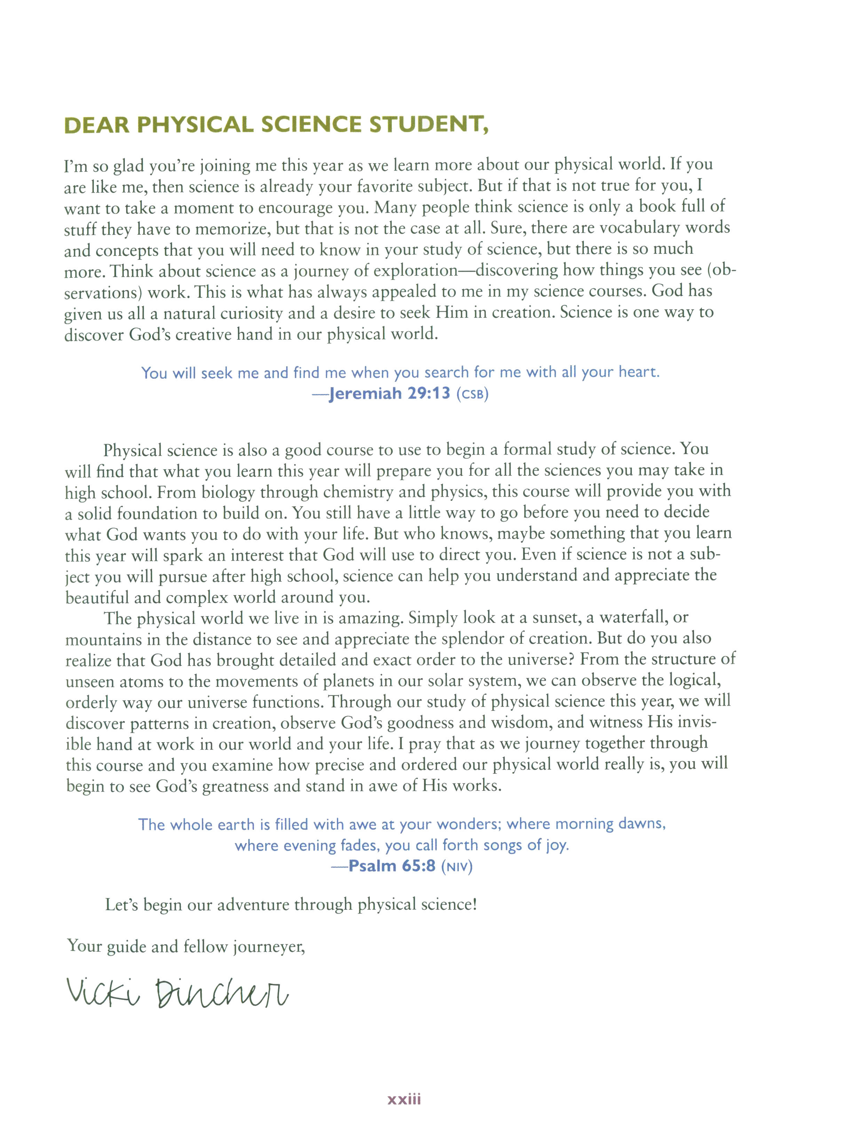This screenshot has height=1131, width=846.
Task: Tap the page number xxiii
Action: (x=404, y=1099)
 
